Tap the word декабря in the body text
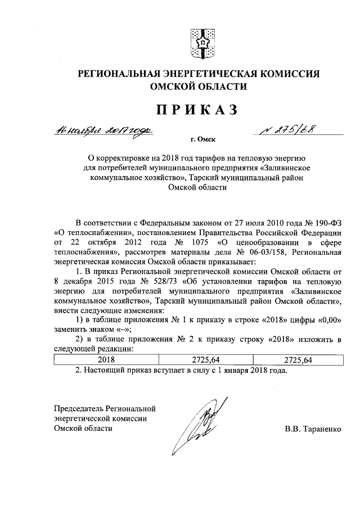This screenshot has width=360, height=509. pos(78,281)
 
